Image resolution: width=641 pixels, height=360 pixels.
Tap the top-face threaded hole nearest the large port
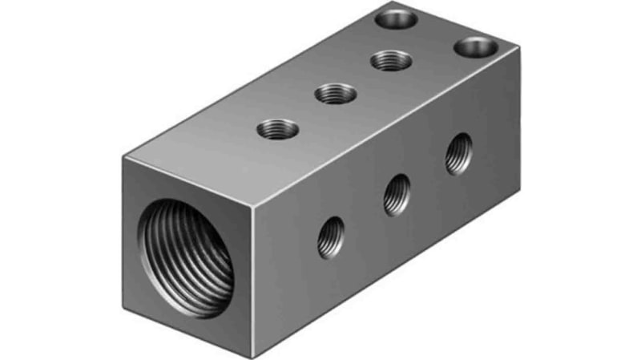click(x=279, y=128)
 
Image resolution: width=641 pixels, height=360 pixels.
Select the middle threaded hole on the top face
click(x=336, y=93)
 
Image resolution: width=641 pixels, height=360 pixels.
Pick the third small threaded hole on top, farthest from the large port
click(x=392, y=59)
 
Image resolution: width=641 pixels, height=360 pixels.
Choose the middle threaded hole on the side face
click(x=397, y=195)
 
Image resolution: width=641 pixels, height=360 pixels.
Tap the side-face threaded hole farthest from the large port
click(x=459, y=152)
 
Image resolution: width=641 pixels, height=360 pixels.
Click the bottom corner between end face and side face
click(x=255, y=351)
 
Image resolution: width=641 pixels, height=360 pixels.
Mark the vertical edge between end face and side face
click(x=255, y=273)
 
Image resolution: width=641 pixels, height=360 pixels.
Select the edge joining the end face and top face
click(x=189, y=176)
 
